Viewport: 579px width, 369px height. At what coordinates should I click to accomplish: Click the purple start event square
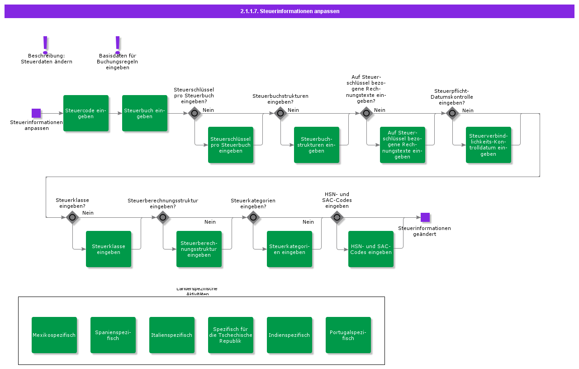coord(36,113)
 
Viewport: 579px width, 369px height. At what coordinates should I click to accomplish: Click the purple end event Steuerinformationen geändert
coord(425,217)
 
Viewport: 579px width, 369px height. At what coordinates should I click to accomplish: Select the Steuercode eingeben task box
coord(86,113)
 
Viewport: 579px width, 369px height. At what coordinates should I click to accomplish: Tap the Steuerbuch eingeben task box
coord(145,113)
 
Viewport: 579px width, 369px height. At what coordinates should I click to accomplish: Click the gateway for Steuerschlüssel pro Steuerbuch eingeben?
coord(195,113)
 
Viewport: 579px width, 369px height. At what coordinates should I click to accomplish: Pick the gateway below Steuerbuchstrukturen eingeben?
coord(280,113)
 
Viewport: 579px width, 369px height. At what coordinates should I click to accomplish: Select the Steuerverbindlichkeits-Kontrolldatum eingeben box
coord(489,145)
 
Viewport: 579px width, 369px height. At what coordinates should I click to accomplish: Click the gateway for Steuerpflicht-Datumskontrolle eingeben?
coord(452,113)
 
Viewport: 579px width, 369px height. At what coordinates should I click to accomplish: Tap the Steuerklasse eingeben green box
coord(109,249)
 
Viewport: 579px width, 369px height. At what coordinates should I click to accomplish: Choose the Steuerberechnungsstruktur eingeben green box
coord(199,249)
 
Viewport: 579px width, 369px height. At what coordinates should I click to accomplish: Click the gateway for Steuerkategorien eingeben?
coord(253,217)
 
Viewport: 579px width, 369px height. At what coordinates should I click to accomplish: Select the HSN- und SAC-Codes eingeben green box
coord(371,249)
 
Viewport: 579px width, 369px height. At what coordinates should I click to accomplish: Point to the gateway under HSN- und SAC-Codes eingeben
coord(337,217)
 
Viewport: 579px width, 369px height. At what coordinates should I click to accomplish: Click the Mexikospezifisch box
coord(54,335)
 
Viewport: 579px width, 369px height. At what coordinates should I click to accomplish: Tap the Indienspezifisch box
coord(289,335)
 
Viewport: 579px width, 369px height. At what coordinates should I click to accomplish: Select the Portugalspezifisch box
coord(348,335)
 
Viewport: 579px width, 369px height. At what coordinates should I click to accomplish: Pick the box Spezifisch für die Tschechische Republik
coord(231,335)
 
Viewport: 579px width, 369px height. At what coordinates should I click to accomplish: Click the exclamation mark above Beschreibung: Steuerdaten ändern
coord(45,44)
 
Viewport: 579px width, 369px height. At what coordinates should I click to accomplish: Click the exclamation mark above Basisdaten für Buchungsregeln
coord(118,44)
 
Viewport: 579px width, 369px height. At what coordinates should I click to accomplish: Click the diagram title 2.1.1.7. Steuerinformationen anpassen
coord(289,11)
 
